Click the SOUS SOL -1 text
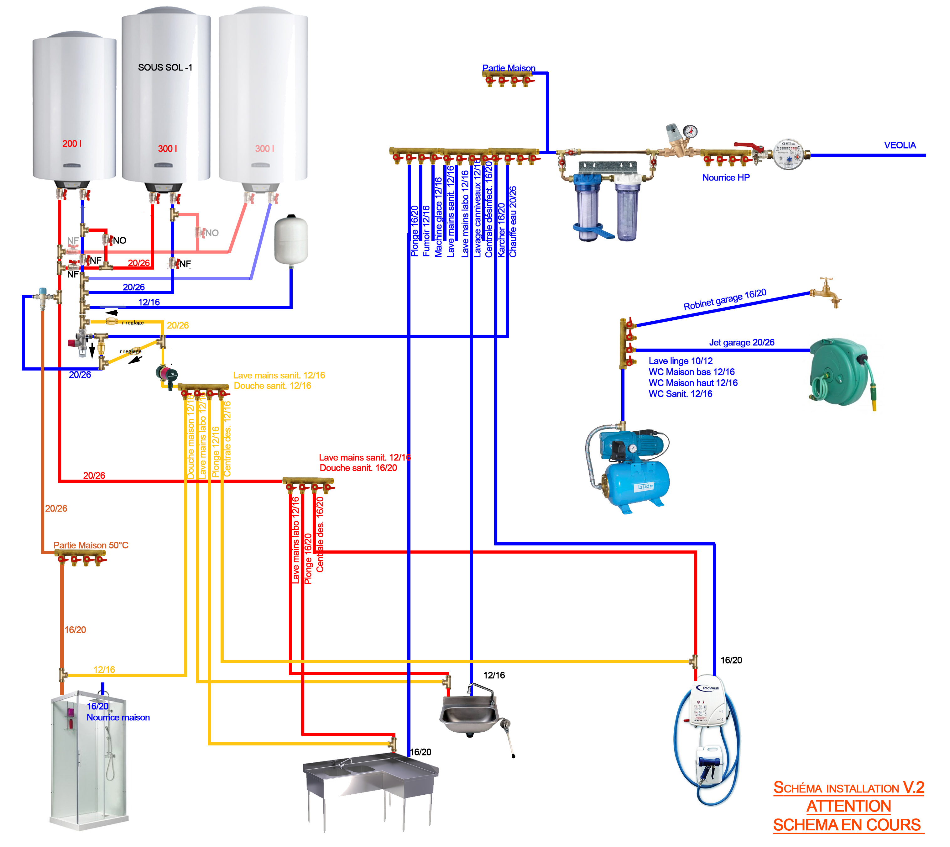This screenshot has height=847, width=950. point(165,67)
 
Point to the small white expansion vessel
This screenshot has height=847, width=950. point(291,240)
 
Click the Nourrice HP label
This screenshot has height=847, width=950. point(725,177)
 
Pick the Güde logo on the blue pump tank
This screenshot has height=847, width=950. point(645,486)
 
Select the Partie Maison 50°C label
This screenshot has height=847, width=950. point(91,545)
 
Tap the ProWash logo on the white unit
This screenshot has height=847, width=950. point(710,688)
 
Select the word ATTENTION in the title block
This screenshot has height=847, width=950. point(848,806)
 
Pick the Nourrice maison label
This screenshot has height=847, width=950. point(118,717)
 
